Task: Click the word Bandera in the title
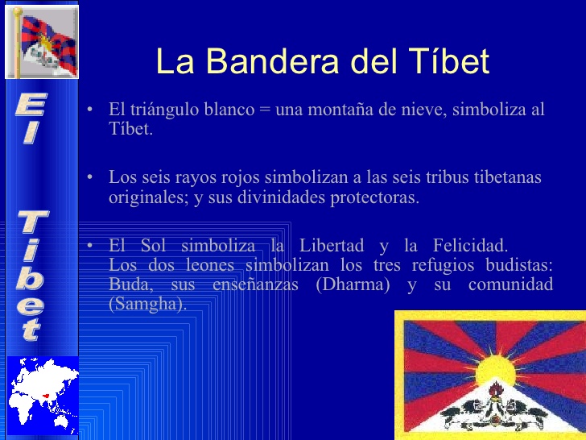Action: coord(272,60)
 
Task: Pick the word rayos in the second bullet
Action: coord(196,178)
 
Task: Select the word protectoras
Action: coord(374,198)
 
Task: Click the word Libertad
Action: coord(332,246)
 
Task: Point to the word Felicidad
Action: coord(471,246)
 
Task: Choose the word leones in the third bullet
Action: coord(210,265)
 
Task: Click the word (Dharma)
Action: coord(353,284)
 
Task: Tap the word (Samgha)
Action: coord(147,304)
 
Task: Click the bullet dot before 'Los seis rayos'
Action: coord(89,176)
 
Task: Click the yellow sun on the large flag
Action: coord(496,371)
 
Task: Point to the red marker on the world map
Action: coord(46,396)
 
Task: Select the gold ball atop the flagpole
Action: coord(18,10)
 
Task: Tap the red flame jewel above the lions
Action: coord(496,391)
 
